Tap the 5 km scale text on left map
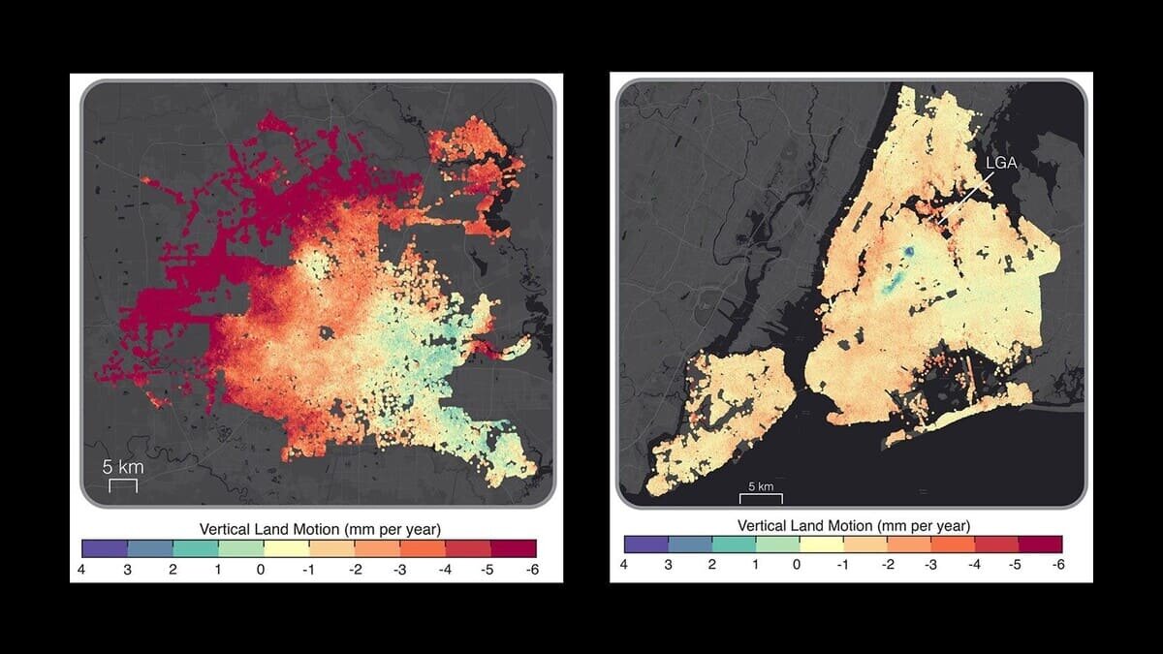point(123,467)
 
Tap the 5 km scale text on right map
point(760,486)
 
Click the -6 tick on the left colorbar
point(532,570)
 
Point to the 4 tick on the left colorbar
point(82,570)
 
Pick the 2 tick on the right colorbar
point(711,564)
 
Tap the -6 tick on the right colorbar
point(1058,564)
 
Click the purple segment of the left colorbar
point(105,548)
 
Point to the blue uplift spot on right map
point(907,252)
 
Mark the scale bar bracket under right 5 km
point(761,498)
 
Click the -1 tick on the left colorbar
point(307,570)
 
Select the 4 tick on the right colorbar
point(623,564)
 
